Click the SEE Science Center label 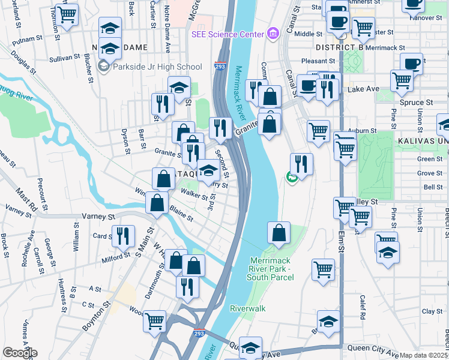(229, 34)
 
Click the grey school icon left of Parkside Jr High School (103, 67)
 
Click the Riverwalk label (247, 308)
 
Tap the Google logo (20, 353)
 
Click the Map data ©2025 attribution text (424, 355)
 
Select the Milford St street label (116, 256)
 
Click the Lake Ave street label (363, 89)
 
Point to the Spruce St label (412, 103)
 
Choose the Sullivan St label (65, 58)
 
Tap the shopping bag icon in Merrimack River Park (279, 233)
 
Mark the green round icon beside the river (291, 177)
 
